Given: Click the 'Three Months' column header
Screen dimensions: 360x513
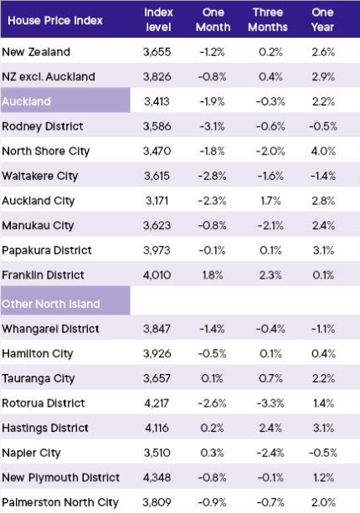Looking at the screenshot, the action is point(268,19).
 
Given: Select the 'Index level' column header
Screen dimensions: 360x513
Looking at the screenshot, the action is point(158,19).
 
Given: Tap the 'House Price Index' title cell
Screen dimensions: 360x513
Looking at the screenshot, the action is point(55,20).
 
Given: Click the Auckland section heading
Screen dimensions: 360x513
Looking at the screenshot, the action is point(27,101).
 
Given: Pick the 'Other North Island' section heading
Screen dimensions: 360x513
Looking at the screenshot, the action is point(51,304).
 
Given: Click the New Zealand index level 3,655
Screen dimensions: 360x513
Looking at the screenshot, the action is point(157,52).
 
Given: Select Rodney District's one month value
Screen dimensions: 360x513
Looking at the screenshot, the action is point(213,126).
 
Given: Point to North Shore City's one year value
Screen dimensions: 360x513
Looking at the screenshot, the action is point(324,151).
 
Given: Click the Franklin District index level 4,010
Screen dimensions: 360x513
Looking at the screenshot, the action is point(157,274).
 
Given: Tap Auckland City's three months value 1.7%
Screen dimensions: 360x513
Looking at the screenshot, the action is point(270,201).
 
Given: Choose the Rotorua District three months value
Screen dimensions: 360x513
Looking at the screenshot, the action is point(270,403).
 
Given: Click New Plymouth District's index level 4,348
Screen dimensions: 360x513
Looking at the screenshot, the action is point(157,477).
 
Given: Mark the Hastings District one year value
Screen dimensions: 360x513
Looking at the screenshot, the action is point(324,428).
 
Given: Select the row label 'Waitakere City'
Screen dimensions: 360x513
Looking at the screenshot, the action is point(40,176).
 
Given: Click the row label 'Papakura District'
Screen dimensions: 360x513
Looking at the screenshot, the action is point(47,250).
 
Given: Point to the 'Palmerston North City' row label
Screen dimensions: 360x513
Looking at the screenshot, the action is point(60,502).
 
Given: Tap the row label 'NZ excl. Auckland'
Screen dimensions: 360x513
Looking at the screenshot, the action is point(49,76).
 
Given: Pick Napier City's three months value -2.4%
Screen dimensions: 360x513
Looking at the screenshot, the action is point(270,453).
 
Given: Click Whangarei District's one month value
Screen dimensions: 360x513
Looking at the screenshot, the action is point(213,329).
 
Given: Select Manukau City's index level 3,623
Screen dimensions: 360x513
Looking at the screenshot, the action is point(157,225).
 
